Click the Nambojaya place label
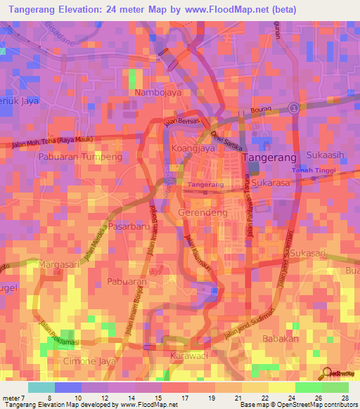154,92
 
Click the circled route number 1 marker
292,108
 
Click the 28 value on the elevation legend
345,398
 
